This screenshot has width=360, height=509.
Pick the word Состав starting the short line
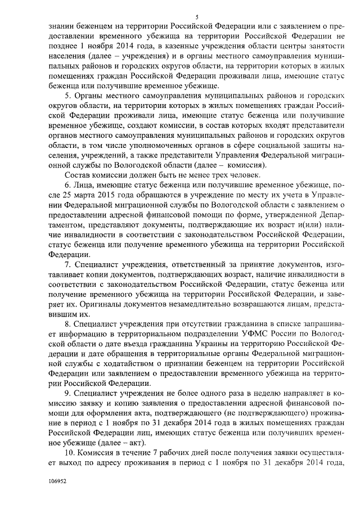78,175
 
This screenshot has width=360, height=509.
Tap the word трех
211,175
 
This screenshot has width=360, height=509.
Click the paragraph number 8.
67,323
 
